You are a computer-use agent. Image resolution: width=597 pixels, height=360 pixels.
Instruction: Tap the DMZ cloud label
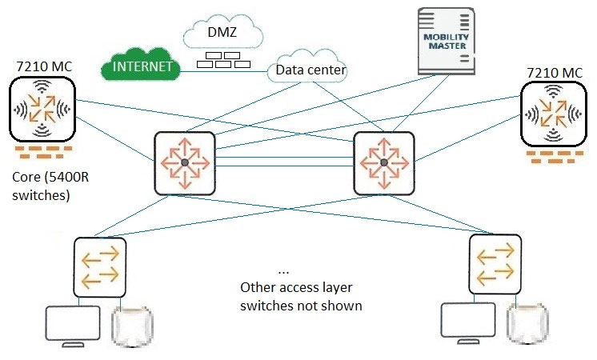[222, 32]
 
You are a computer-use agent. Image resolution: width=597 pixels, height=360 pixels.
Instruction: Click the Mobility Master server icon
[447, 41]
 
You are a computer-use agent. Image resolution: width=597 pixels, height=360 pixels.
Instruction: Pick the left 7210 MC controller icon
[42, 109]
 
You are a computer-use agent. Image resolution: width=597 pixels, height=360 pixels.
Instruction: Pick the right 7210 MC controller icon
[553, 114]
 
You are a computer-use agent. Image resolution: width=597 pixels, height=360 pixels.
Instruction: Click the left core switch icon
[185, 163]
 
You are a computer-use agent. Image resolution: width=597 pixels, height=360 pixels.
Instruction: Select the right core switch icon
[384, 163]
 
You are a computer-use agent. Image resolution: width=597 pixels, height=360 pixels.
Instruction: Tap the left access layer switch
[100, 267]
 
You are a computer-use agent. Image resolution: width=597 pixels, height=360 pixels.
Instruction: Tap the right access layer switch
[495, 265]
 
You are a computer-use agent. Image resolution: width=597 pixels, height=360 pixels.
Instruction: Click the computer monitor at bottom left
[73, 326]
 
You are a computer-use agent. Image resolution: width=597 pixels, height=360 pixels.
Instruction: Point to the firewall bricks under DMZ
[223, 60]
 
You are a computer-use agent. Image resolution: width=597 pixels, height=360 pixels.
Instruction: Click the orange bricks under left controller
[43, 152]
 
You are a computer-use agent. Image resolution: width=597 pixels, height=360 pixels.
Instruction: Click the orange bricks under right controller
[555, 157]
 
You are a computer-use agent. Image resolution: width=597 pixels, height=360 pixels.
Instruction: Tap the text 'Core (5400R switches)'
[50, 186]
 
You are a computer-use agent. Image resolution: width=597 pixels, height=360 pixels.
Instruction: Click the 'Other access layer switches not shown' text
[301, 297]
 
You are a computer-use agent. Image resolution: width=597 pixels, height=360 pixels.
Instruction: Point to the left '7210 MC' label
[44, 66]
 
